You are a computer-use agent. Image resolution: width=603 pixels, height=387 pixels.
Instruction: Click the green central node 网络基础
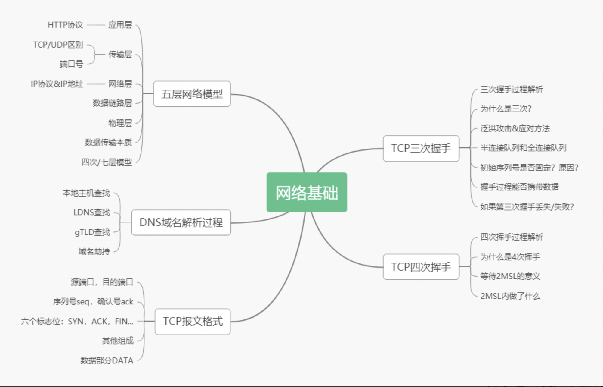pos(307,192)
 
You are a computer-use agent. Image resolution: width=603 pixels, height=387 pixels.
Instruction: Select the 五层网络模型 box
pos(192,94)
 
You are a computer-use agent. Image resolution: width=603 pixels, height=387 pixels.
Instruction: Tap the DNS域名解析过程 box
pos(181,222)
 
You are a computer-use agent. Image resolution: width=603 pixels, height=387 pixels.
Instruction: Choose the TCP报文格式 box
pos(193,321)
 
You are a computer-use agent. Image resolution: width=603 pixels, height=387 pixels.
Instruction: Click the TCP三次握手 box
pos(421,148)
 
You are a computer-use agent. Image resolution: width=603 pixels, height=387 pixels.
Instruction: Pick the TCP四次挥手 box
pos(421,267)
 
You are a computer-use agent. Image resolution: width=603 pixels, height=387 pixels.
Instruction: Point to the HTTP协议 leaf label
pos(65,25)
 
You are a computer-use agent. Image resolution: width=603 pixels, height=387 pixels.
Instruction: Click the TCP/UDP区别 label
pos(58,45)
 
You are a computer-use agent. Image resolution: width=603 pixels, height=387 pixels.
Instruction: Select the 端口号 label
pos(71,64)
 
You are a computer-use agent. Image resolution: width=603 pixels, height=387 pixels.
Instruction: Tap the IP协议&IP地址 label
pos(57,84)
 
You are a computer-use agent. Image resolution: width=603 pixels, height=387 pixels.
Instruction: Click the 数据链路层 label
pos(112,103)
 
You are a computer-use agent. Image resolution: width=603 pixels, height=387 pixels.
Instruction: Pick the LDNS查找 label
pos(91,212)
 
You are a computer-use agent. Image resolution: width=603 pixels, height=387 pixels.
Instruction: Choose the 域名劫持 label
pos(94,251)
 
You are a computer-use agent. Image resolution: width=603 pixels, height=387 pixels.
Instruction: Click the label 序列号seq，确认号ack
pos(93,301)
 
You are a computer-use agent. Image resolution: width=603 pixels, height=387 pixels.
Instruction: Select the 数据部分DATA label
pos(107,360)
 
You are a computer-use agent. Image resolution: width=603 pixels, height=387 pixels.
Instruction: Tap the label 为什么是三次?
pos(506,109)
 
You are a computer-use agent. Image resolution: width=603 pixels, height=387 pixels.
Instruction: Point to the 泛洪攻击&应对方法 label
pos(515,129)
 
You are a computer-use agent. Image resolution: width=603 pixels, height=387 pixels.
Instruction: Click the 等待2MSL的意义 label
pos(510,276)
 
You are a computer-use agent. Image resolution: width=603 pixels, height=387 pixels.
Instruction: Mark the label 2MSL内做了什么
pos(510,296)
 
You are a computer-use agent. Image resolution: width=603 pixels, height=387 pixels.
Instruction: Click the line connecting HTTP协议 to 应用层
pos(96,25)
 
